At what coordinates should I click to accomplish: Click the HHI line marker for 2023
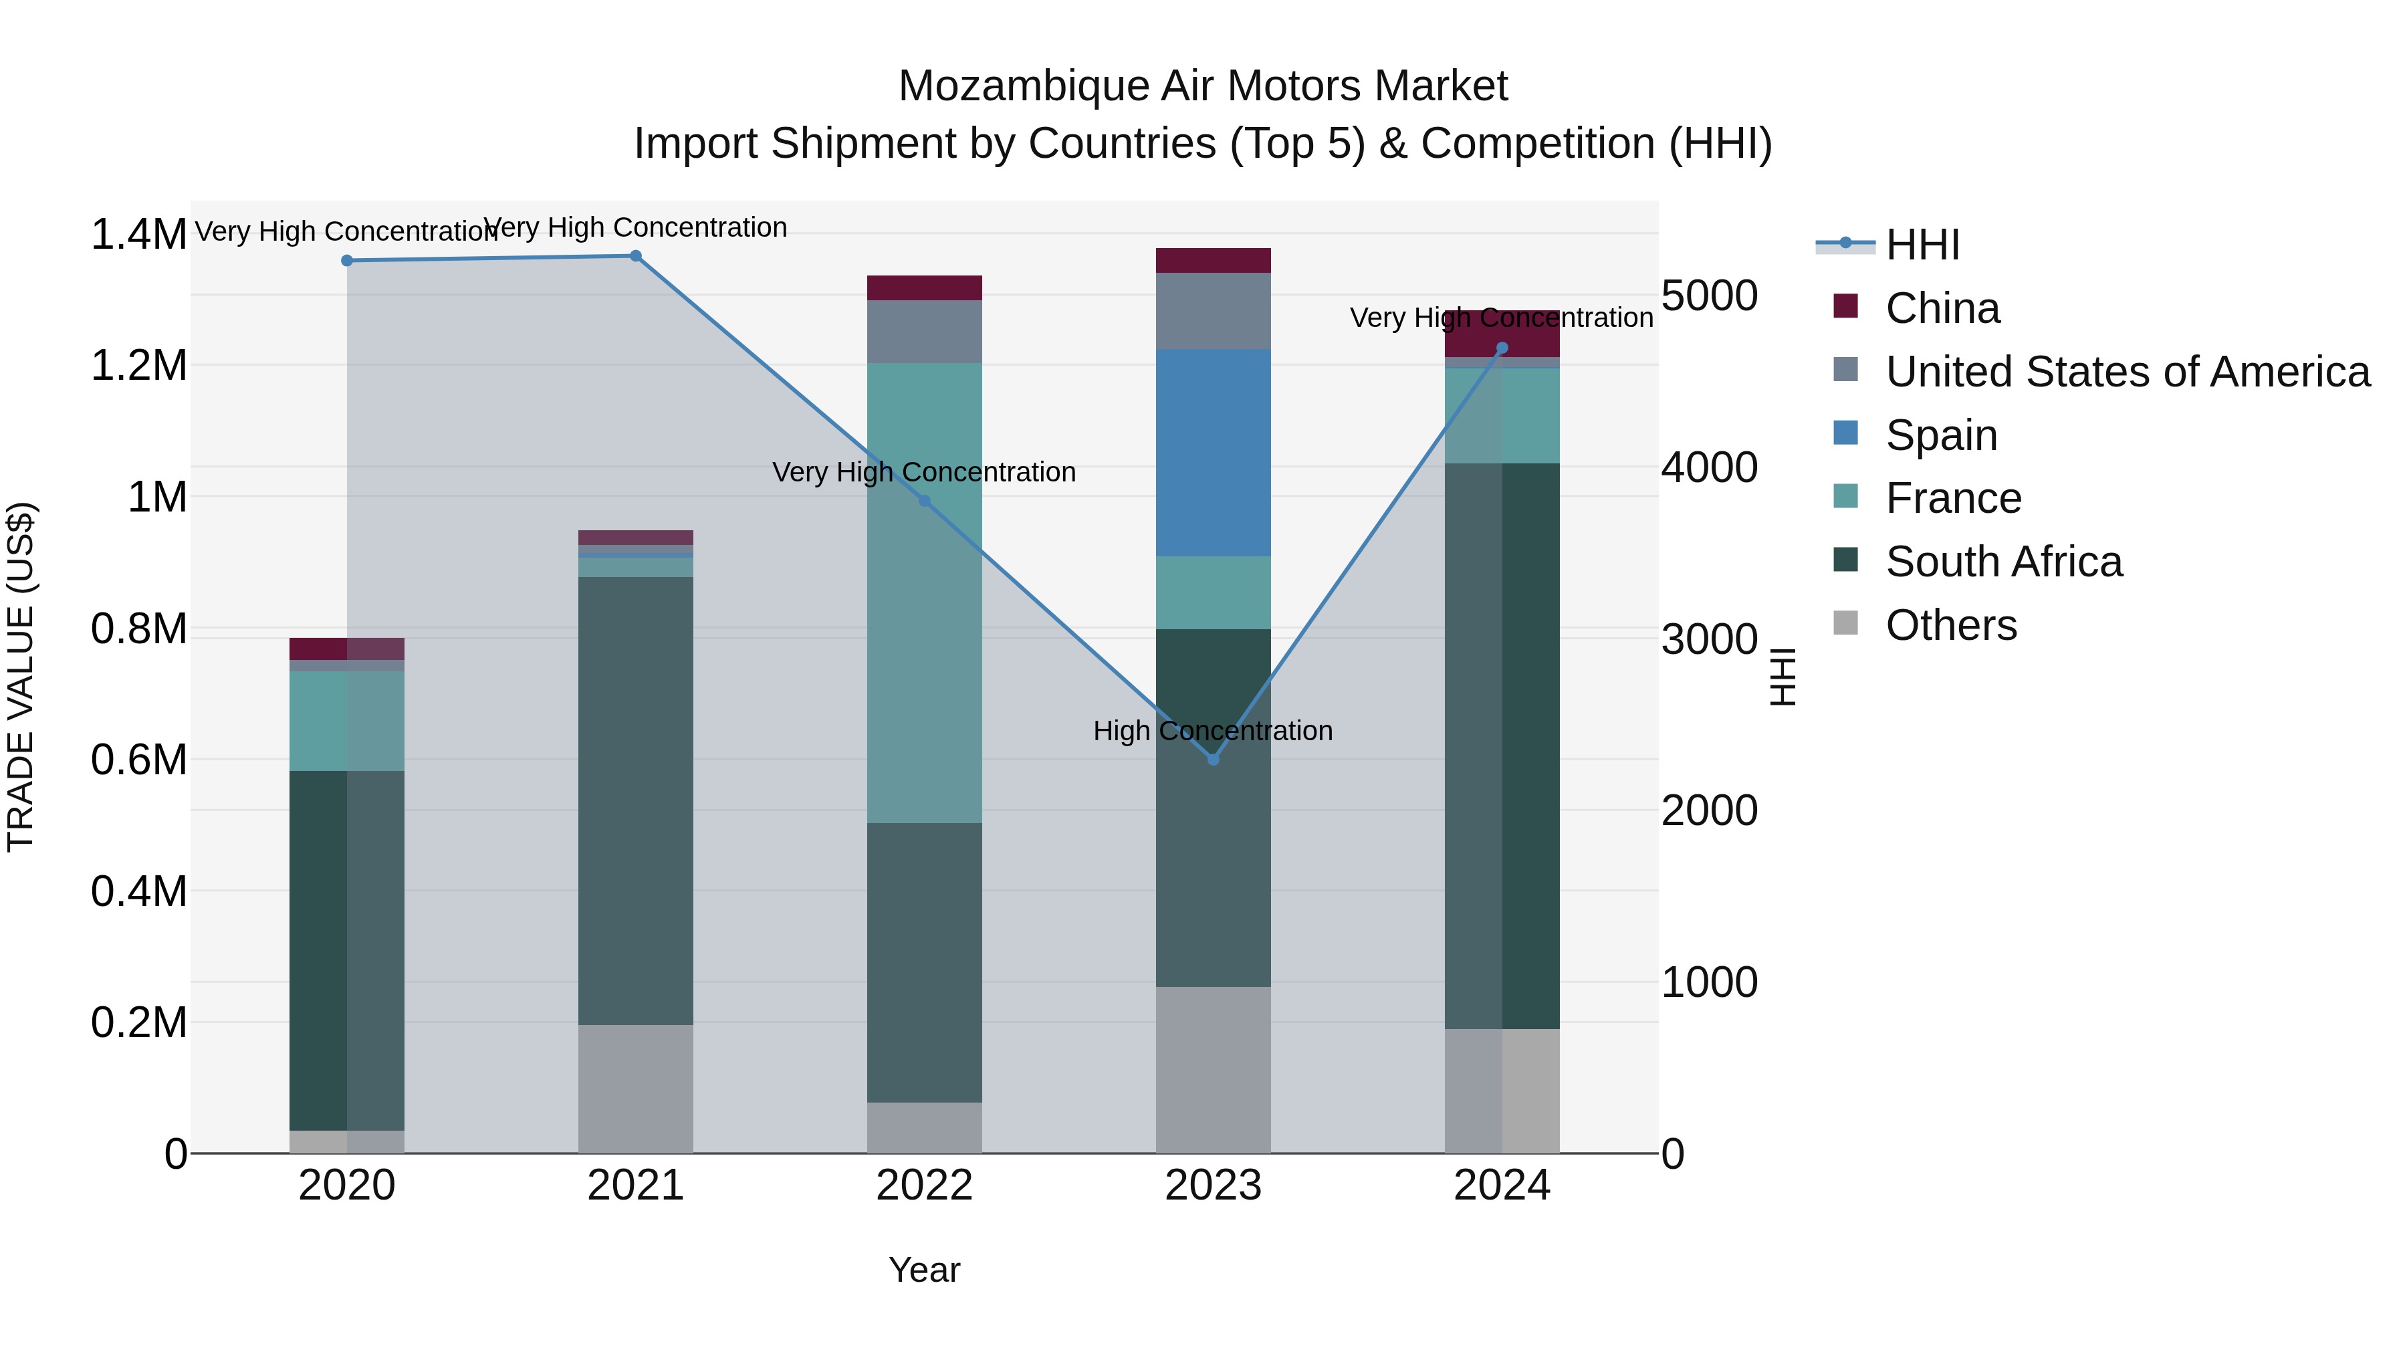(1213, 759)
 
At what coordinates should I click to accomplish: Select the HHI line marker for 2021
(635, 255)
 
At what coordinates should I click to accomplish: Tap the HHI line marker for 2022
(924, 501)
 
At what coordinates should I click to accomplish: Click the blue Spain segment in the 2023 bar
(1213, 453)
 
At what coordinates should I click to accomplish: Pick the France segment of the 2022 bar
(924, 593)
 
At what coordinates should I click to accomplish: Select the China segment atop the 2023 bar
(1213, 260)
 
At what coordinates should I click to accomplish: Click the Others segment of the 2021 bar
(635, 1089)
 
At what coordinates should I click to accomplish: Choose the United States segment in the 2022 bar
(924, 332)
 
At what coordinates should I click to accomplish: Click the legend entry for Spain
(1941, 435)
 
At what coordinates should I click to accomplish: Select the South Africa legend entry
(2003, 562)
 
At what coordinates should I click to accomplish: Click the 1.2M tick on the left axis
(139, 365)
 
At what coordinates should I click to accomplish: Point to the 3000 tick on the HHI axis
(1709, 639)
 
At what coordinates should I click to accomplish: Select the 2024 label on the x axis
(1502, 1186)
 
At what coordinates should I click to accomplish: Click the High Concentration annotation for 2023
(1213, 731)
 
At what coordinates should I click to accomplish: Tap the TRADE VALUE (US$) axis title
(21, 677)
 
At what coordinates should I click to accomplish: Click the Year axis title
(924, 1270)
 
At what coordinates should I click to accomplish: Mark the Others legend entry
(1951, 625)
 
